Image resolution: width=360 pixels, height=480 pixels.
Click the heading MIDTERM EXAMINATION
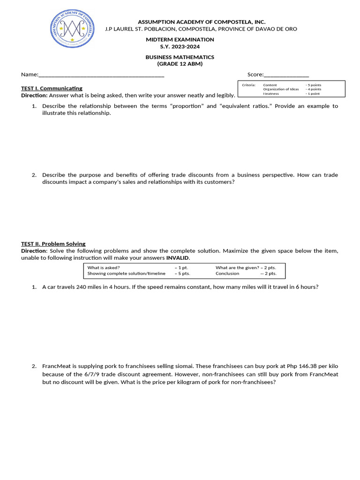click(180, 40)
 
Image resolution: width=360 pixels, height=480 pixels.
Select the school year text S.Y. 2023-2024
click(180, 46)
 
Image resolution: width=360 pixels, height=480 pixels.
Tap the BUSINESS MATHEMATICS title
click(180, 57)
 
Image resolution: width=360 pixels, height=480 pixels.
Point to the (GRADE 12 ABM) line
click(180, 64)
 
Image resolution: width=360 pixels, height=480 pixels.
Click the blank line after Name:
click(101, 75)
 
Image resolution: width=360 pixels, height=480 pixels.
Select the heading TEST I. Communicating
click(52, 88)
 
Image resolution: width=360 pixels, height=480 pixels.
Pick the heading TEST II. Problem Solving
click(53, 244)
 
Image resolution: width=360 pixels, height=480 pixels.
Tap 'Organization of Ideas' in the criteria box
click(281, 89)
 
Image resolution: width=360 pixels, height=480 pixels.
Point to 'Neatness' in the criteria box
click(271, 93)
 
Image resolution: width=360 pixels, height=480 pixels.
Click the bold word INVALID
click(178, 258)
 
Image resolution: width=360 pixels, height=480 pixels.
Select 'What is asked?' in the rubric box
click(104, 268)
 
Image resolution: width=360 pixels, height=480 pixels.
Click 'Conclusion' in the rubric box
click(227, 273)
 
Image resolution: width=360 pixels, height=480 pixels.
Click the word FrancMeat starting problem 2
click(56, 366)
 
